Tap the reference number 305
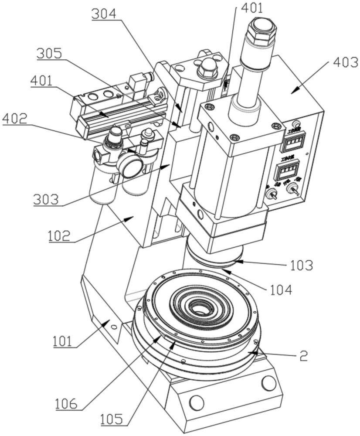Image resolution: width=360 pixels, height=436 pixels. pyautogui.click(x=49, y=54)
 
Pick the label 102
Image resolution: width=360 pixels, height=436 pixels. pyautogui.click(x=59, y=236)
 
